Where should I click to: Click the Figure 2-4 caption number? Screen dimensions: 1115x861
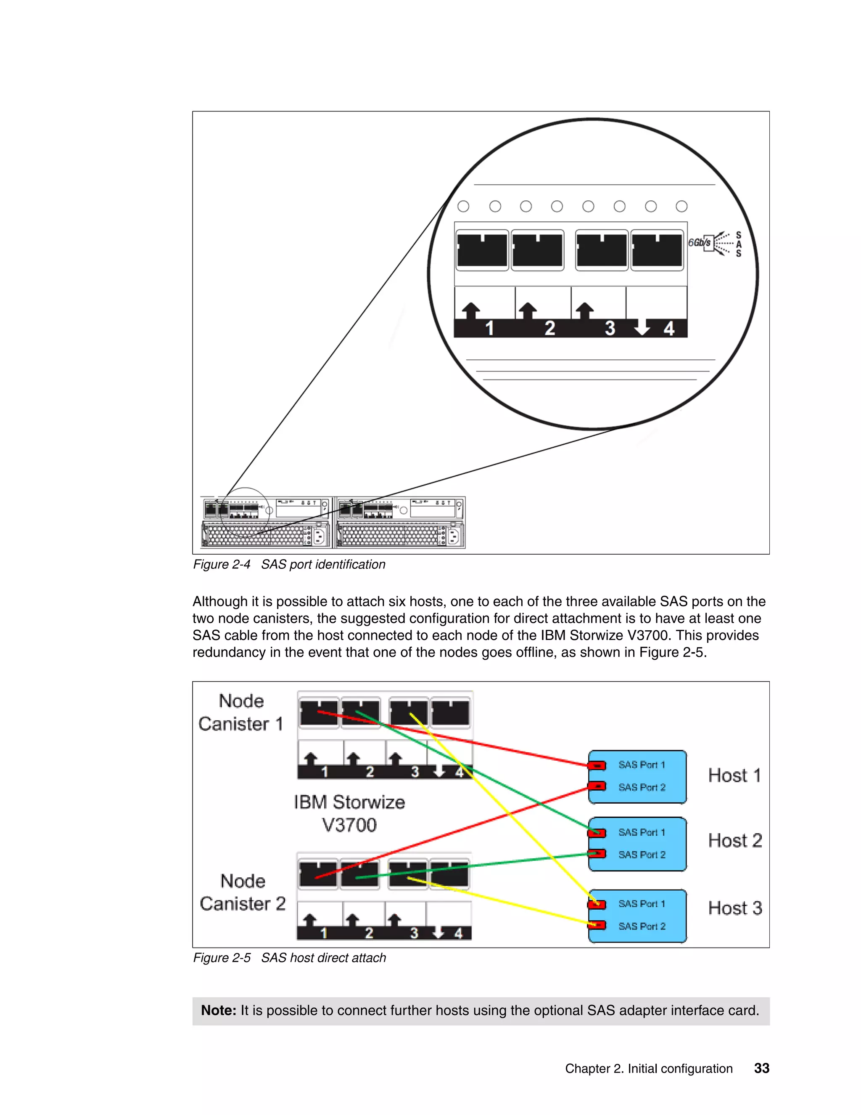click(222, 565)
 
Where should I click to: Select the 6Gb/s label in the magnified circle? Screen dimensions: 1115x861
click(699, 242)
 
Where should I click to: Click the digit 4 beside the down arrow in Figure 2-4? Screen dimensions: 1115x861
click(669, 328)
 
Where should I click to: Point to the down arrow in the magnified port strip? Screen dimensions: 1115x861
click(642, 327)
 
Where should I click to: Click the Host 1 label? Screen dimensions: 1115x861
click(734, 775)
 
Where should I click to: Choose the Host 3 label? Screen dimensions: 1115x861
click(734, 908)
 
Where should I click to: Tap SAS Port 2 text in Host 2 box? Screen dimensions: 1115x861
click(642, 855)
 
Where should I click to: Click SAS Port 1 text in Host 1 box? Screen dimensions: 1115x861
click(642, 765)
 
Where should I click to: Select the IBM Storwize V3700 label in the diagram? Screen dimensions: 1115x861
click(349, 813)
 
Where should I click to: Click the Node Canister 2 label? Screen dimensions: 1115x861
click(243, 892)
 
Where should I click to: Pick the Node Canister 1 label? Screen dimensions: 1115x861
click(241, 712)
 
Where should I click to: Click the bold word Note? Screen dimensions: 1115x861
click(218, 1010)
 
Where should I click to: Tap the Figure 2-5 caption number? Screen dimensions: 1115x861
click(222, 958)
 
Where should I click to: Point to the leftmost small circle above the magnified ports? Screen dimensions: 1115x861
click(463, 206)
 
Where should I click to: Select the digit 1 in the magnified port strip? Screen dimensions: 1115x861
click(489, 328)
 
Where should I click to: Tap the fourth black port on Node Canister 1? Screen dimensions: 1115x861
click(450, 713)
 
